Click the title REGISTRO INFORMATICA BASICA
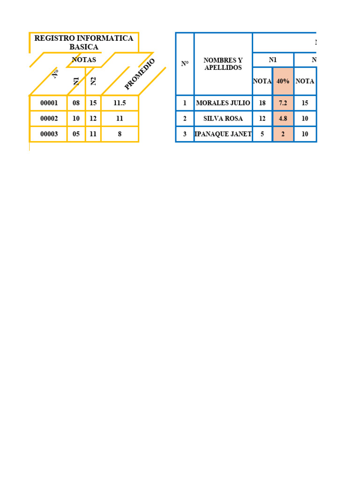(84, 42)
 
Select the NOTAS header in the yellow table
(84, 60)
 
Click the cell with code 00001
(49, 103)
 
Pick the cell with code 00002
(49, 119)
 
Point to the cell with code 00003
(49, 134)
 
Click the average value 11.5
(120, 103)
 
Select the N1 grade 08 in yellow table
(76, 103)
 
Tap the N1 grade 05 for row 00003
(76, 134)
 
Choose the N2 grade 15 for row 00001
(93, 103)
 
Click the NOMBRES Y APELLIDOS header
(223, 64)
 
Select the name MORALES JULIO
(223, 103)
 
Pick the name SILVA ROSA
(223, 119)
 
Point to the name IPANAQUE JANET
(223, 134)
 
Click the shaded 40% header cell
(283, 81)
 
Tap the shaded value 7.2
(283, 103)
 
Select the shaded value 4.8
(283, 119)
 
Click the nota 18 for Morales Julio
(262, 103)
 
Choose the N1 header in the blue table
(273, 60)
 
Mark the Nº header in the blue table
(185, 64)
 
